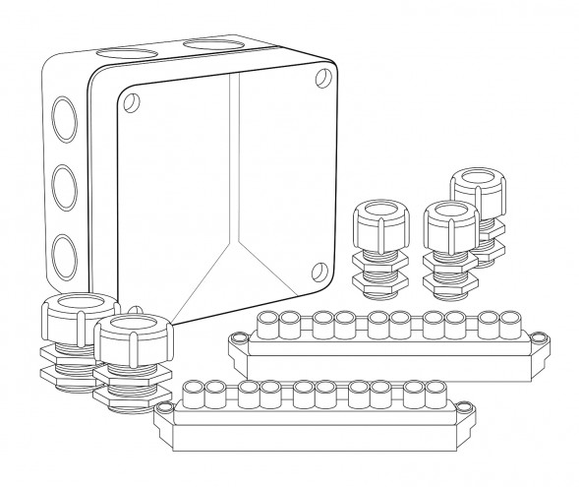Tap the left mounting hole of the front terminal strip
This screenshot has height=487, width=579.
click(164, 404)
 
